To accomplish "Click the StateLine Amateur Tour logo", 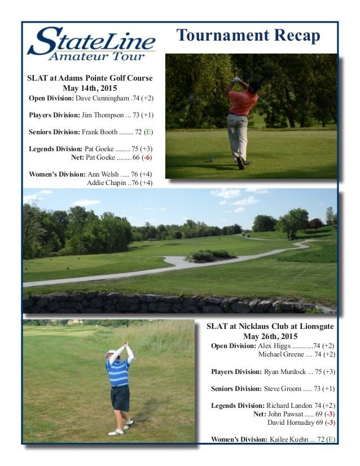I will click(x=91, y=43).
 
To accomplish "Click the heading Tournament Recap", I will click(x=248, y=36).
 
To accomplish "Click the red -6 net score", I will click(x=147, y=157).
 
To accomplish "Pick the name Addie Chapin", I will click(x=107, y=183).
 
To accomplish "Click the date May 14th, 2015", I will click(x=90, y=88).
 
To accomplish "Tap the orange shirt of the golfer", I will click(x=244, y=102).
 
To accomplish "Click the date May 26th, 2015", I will click(x=270, y=336).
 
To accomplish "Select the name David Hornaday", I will click(x=287, y=422).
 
